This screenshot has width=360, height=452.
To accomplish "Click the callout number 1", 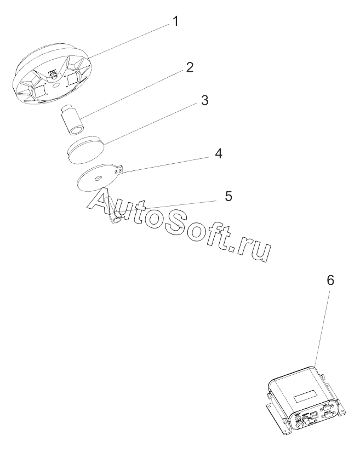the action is click(175, 22).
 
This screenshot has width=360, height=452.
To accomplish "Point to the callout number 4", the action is click(218, 153).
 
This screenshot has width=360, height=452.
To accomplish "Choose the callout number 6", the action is click(330, 280).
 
